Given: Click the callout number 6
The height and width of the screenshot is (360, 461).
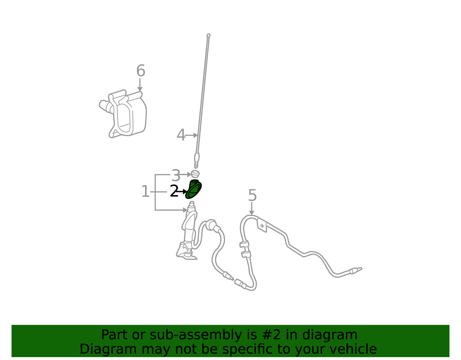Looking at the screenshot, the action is (x=141, y=71).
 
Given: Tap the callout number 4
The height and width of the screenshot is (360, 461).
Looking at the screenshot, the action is (x=181, y=135).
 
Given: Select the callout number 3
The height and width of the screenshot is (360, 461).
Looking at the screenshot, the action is (x=176, y=176).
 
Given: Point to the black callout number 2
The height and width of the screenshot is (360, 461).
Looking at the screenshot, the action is (x=174, y=191).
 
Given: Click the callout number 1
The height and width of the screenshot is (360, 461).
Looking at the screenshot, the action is (x=145, y=191).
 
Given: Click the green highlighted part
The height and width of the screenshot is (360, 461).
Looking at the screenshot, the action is (x=193, y=189).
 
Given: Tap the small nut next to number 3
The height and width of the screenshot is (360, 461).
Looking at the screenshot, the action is (x=195, y=174).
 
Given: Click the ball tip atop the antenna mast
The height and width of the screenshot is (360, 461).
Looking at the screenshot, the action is (x=209, y=35).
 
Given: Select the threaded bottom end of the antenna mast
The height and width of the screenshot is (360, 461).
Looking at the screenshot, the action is (x=196, y=165).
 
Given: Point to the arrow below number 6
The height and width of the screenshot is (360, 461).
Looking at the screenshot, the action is (x=139, y=85).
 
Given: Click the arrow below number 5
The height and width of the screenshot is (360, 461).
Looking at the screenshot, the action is (x=252, y=209).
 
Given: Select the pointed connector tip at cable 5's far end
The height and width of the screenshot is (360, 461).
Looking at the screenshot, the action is (x=359, y=269).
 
